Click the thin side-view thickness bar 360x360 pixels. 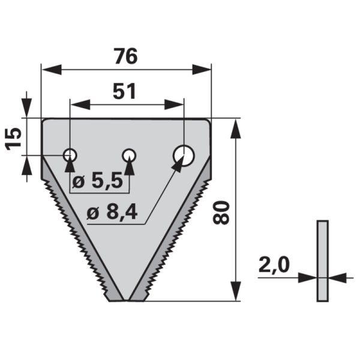(323, 261)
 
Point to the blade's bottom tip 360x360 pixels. (124, 299)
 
